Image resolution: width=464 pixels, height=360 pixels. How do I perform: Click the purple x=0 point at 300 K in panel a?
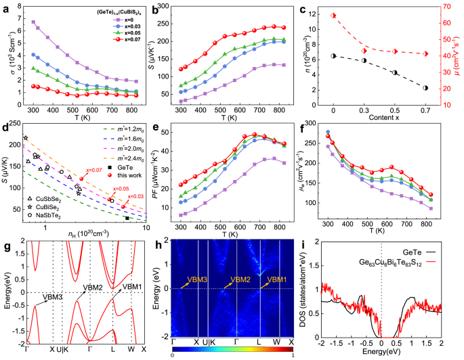[33, 22]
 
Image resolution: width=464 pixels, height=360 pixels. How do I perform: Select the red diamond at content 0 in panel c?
[333, 16]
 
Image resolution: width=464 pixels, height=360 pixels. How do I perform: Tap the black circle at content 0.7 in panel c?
[425, 88]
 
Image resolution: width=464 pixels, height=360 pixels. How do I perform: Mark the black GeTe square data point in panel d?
[127, 218]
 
